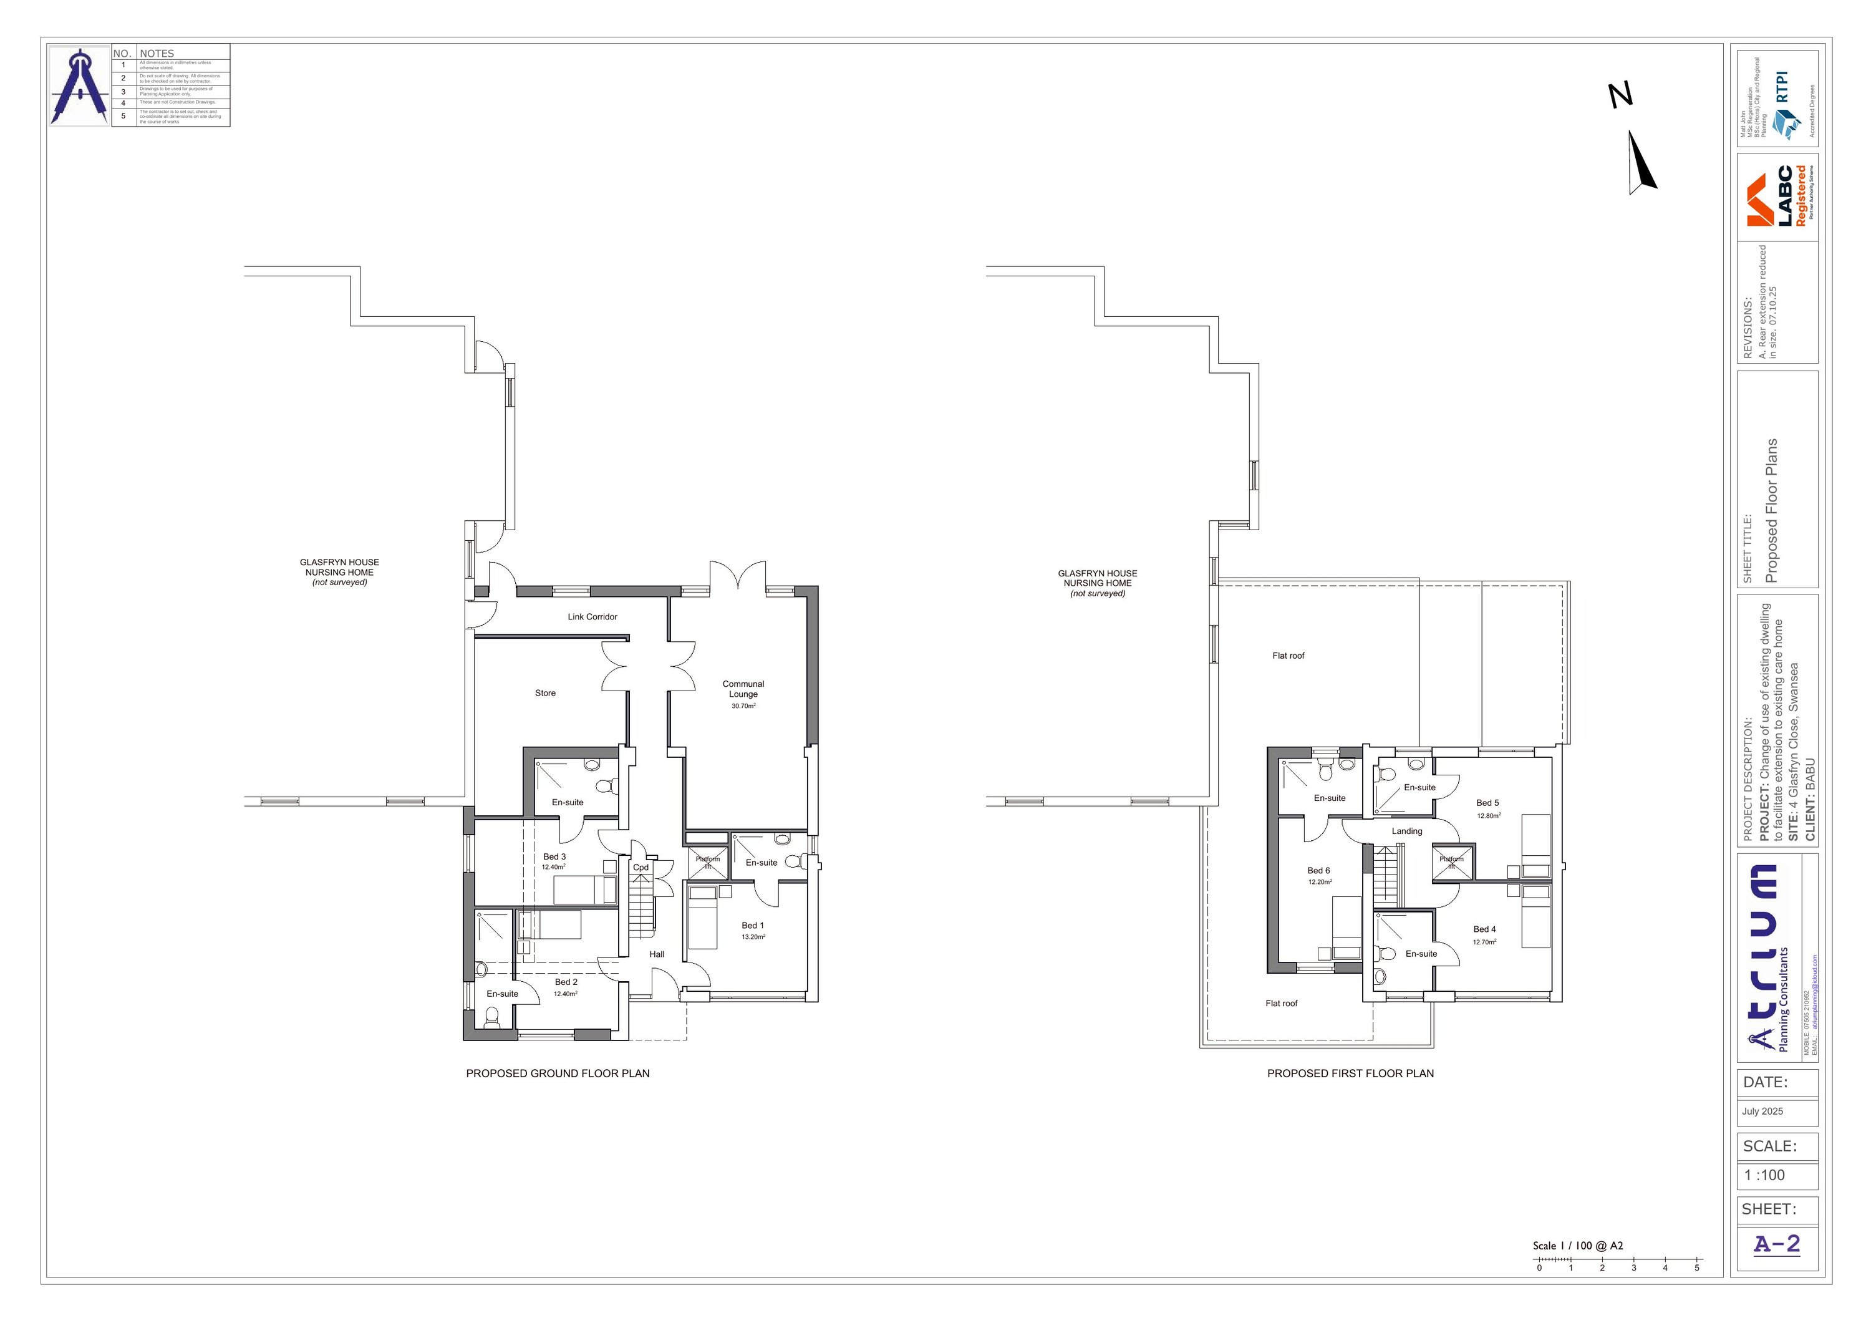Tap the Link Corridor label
pyautogui.click(x=592, y=617)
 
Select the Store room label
pyautogui.click(x=545, y=693)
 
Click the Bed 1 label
pyautogui.click(x=753, y=925)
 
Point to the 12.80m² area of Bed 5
pyautogui.click(x=1489, y=815)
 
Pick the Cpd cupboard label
pyautogui.click(x=641, y=867)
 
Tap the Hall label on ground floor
pyautogui.click(x=657, y=954)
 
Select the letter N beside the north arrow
pyautogui.click(x=1621, y=95)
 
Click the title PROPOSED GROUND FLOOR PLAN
pyautogui.click(x=558, y=1073)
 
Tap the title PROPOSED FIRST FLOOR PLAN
pyautogui.click(x=1350, y=1073)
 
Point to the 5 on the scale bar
pyautogui.click(x=1696, y=1268)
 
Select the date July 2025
pyautogui.click(x=1762, y=1111)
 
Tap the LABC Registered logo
pyautogui.click(x=1781, y=196)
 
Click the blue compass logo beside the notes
pyautogui.click(x=80, y=85)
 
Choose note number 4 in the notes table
pyautogui.click(x=123, y=103)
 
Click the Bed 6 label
pyautogui.click(x=1318, y=871)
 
